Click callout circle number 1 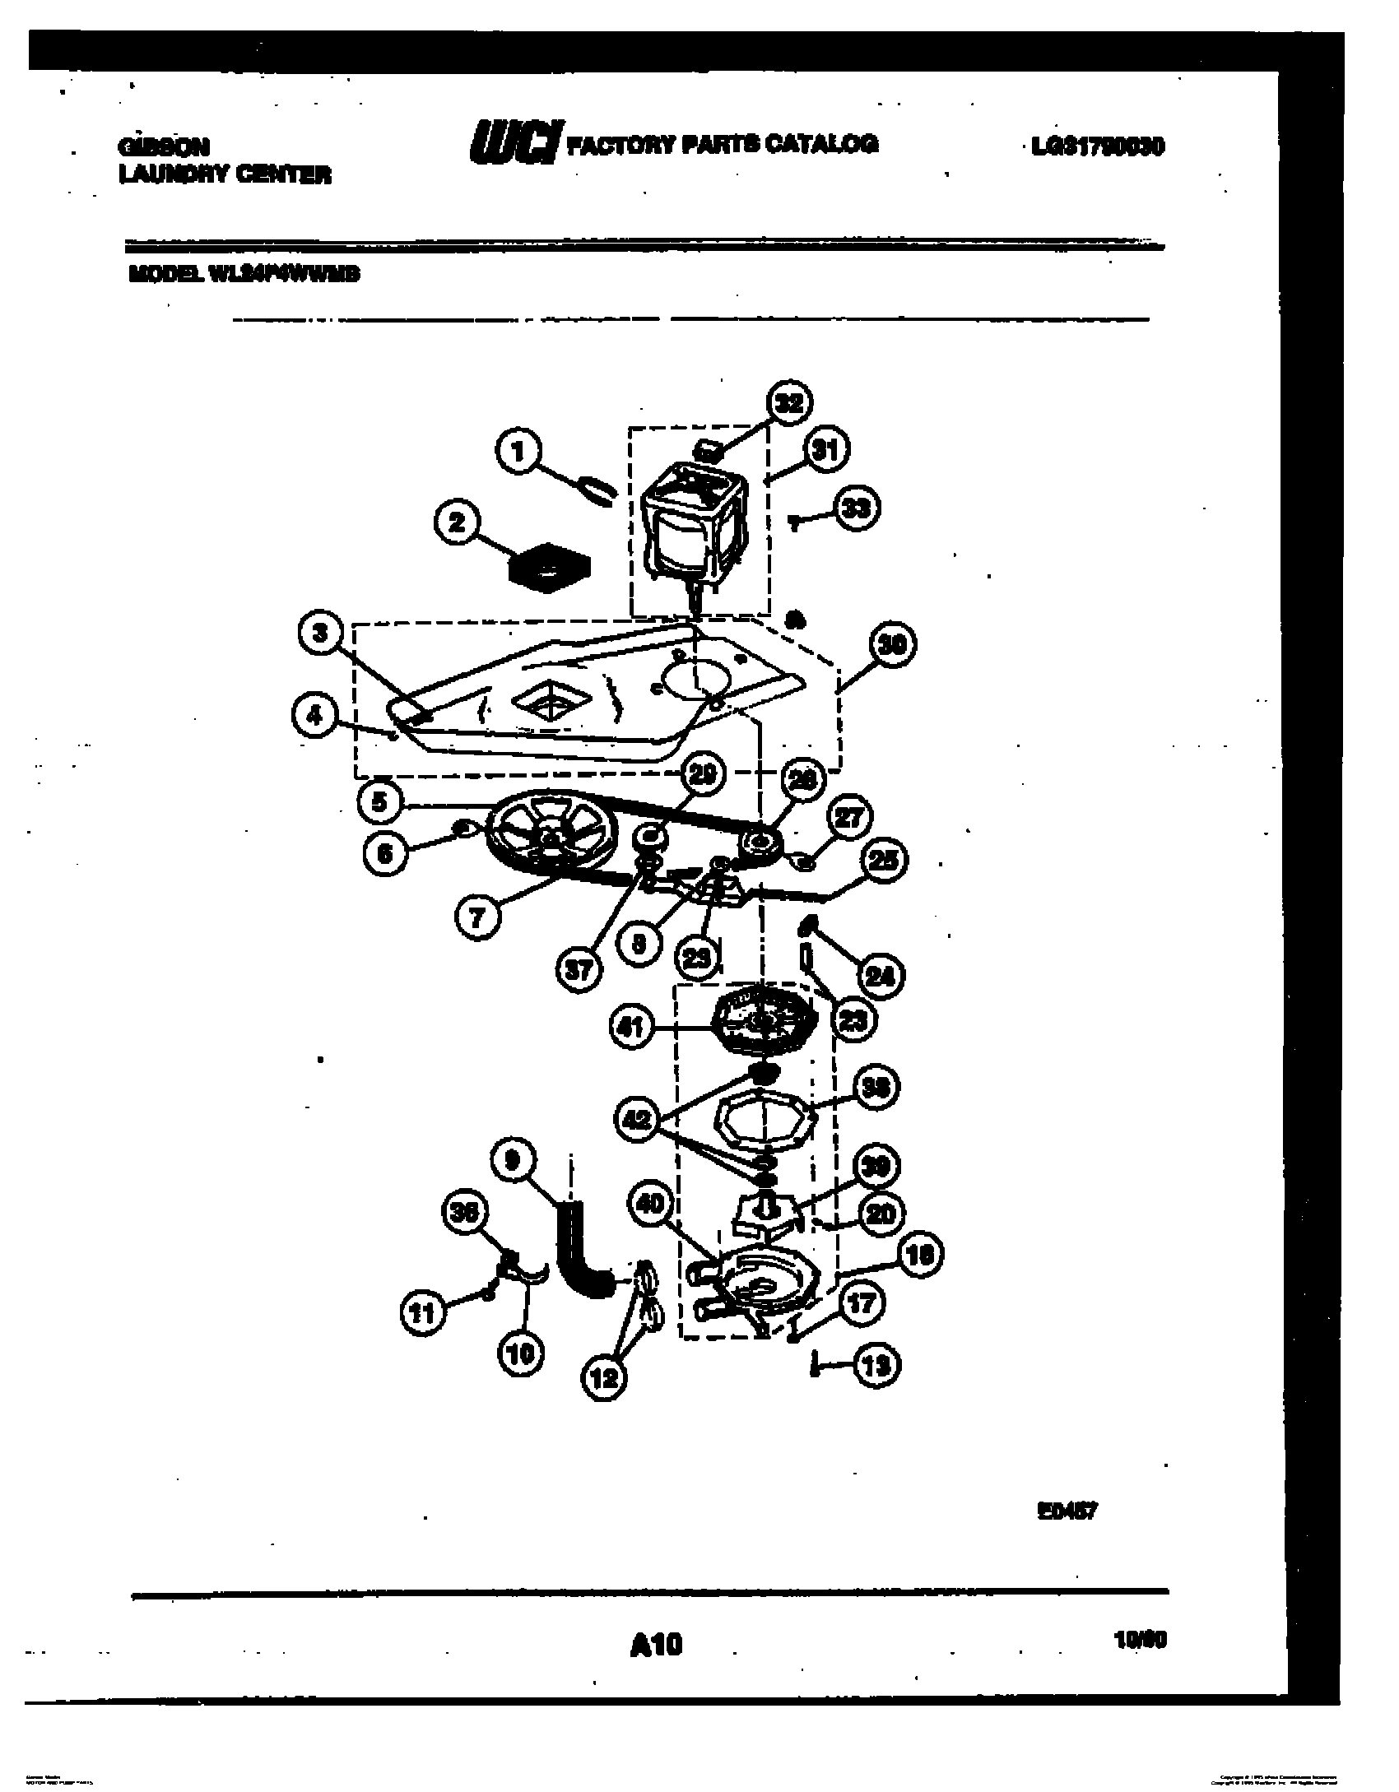pyautogui.click(x=518, y=453)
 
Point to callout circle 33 pyautogui.click(x=858, y=508)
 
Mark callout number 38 pyautogui.click(x=877, y=1088)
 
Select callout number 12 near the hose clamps pyautogui.click(x=605, y=1376)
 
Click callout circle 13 pyautogui.click(x=878, y=1366)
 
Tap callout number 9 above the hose pyautogui.click(x=513, y=1161)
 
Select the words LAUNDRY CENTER pyautogui.click(x=225, y=174)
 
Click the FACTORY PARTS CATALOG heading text pyautogui.click(x=723, y=144)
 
